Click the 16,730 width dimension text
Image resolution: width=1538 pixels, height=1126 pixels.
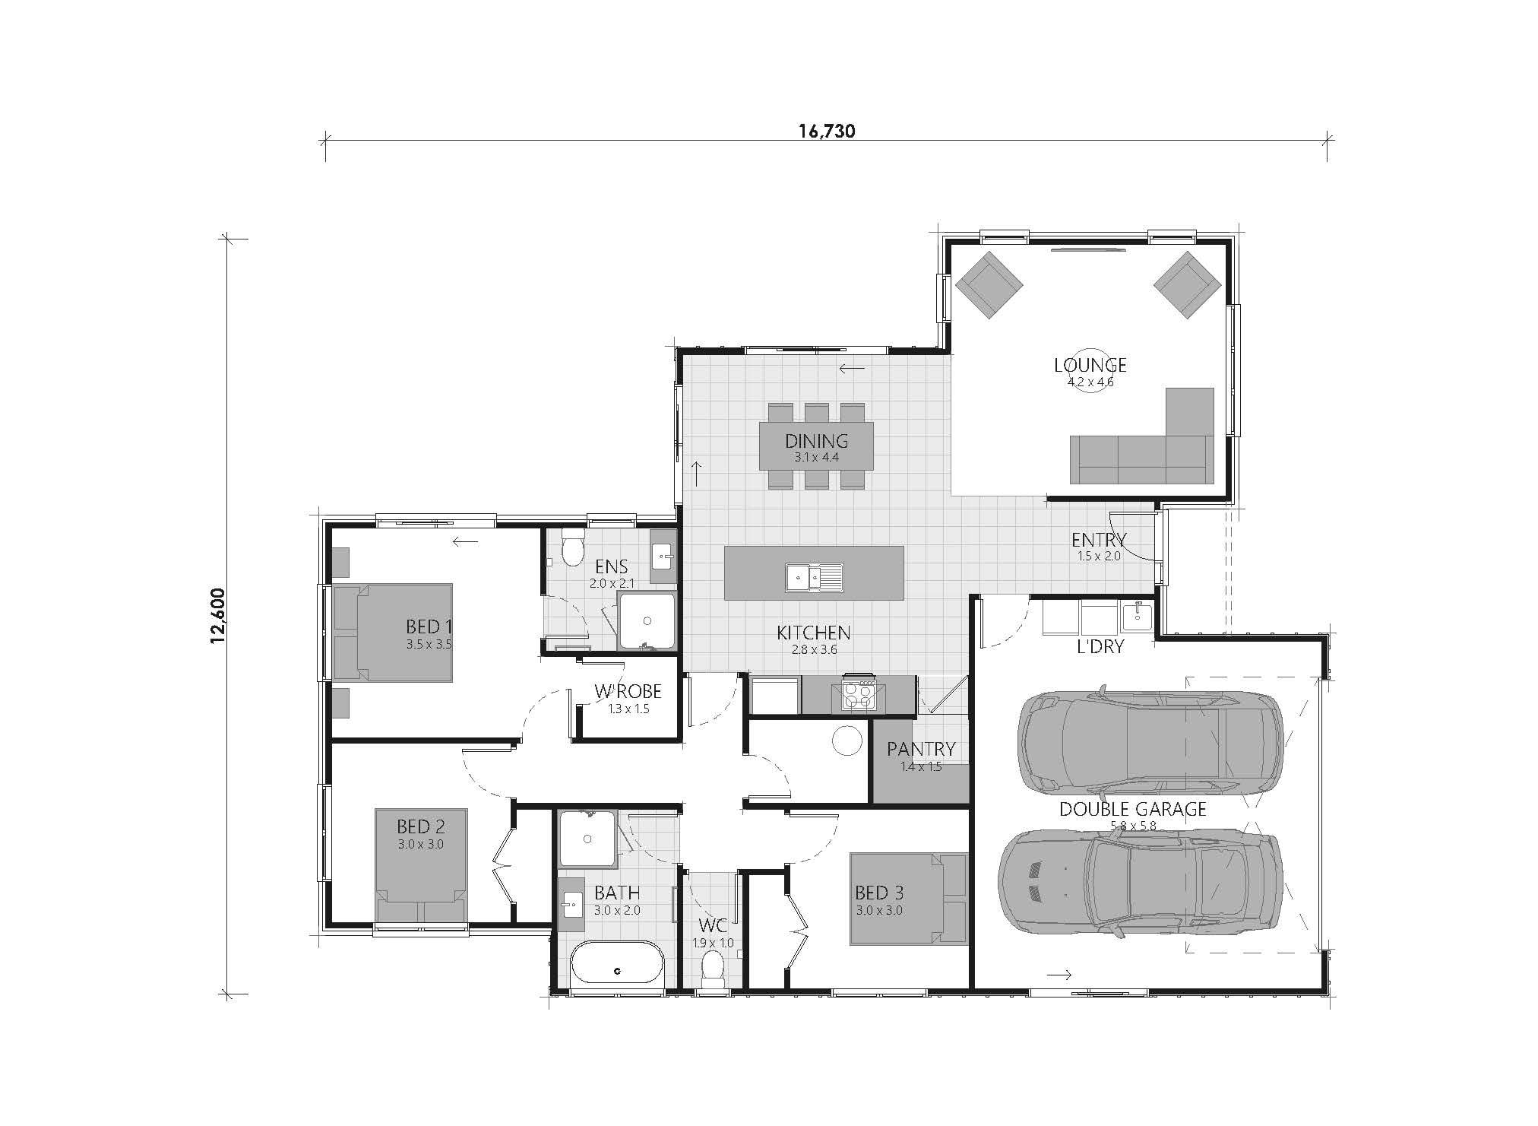(x=827, y=131)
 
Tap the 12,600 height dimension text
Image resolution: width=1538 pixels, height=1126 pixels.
(x=219, y=616)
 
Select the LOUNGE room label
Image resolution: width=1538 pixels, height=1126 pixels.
(x=1090, y=365)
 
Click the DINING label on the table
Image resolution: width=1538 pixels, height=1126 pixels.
(x=816, y=441)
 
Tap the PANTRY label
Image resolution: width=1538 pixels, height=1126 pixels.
(x=921, y=749)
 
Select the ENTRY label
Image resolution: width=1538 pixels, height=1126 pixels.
(x=1099, y=540)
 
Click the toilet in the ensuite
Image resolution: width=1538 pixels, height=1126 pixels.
(x=571, y=545)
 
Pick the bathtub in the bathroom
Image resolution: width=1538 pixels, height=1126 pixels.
(x=616, y=963)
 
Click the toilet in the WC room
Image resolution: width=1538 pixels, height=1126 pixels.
(x=712, y=969)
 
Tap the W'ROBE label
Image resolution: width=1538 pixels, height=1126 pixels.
(x=628, y=691)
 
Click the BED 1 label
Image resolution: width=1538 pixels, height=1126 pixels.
(x=429, y=626)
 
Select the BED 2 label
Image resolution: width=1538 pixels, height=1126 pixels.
(x=420, y=826)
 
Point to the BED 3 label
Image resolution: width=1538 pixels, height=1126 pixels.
(x=879, y=893)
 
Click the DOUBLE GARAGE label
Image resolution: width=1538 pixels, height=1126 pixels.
(x=1132, y=809)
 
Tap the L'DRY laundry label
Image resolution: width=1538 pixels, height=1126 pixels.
(x=1100, y=647)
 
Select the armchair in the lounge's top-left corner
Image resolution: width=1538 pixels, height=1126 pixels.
(x=989, y=286)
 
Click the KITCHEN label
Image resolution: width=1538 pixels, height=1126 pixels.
(x=813, y=633)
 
